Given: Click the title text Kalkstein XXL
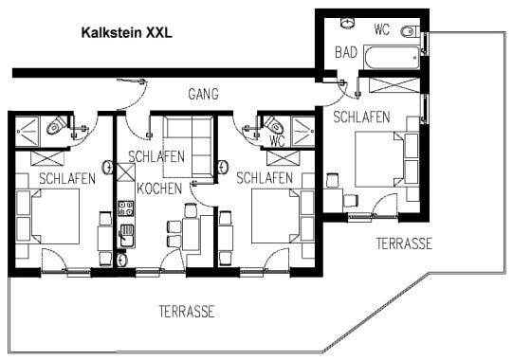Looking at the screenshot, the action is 126,33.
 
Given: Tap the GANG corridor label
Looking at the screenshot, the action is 203,94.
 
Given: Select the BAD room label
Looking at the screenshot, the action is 346,52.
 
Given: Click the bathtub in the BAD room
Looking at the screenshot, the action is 392,58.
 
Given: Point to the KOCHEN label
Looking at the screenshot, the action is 159,189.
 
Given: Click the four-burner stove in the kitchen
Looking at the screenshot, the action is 125,208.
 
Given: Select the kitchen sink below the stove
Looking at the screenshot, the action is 126,236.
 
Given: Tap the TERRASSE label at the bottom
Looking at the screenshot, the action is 187,312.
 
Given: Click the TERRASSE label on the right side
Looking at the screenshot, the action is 404,243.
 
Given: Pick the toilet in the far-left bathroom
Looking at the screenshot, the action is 55,124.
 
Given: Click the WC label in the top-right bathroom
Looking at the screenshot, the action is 382,29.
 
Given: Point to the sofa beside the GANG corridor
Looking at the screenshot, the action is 188,147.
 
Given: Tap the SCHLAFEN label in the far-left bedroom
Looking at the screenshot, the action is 67,178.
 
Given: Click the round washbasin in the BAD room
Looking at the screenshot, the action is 348,24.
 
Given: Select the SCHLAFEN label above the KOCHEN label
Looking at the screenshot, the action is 156,156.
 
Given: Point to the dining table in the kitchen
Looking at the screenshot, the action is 192,234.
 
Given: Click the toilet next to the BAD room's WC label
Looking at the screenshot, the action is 409,31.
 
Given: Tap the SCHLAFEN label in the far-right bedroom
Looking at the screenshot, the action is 361,117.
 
